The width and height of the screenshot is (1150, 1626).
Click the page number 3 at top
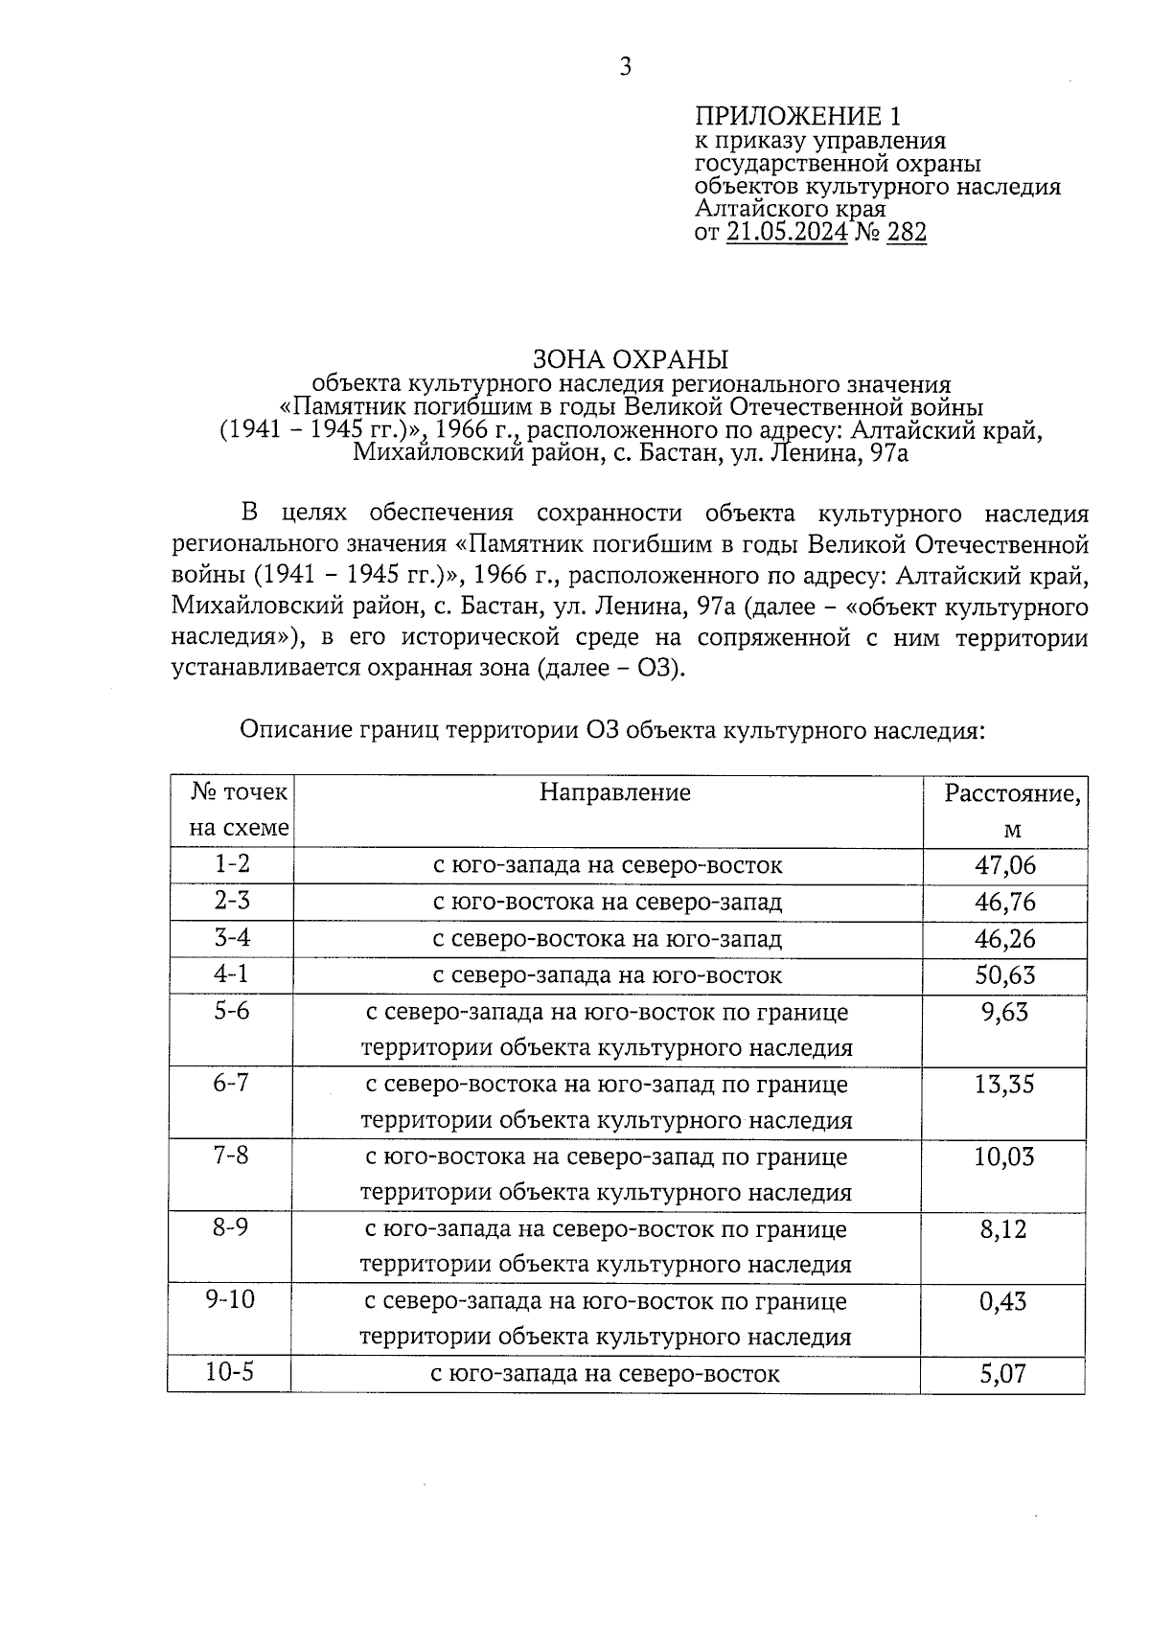(x=625, y=66)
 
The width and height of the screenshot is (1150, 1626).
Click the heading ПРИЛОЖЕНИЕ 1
(x=798, y=117)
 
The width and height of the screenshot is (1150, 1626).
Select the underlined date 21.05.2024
(x=787, y=232)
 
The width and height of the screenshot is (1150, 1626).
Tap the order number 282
(x=907, y=232)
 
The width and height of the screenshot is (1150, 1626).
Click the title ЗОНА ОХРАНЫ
(x=631, y=359)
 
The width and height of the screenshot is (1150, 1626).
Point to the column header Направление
(x=614, y=792)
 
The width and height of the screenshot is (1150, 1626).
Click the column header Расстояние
(x=1012, y=793)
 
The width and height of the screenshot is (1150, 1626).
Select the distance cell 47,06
(x=1005, y=865)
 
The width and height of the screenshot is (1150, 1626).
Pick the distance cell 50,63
(x=1005, y=975)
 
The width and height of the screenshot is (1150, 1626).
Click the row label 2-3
(x=232, y=901)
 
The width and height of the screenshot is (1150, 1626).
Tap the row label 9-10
(x=230, y=1300)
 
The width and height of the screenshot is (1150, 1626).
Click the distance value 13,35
(x=1004, y=1085)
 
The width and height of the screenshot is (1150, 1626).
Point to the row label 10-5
(x=230, y=1372)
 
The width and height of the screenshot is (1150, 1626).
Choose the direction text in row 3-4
(x=608, y=939)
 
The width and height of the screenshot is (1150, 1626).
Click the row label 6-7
(x=232, y=1083)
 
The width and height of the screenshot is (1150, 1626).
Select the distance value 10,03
(x=1004, y=1157)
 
